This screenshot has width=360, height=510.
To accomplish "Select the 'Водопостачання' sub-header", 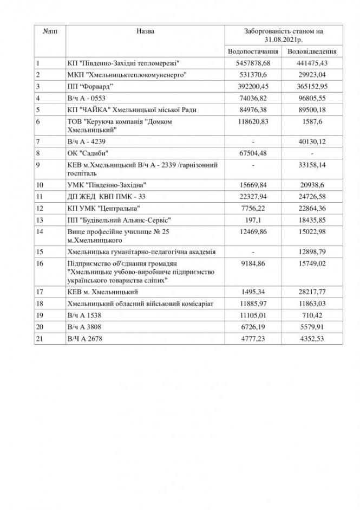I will [254, 51].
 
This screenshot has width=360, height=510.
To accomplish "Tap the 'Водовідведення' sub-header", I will [312, 51].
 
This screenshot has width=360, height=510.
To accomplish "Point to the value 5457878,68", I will [254, 63].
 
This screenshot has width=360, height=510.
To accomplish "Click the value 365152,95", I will [312, 87].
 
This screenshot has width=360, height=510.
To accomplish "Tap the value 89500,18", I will [312, 110].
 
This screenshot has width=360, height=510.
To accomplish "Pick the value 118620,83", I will [254, 121].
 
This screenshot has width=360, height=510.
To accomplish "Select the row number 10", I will [39, 185].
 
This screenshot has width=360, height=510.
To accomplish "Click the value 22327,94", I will [254, 196].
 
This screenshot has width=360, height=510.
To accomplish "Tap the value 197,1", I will [254, 220].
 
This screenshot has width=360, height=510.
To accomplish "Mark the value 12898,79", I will [312, 251].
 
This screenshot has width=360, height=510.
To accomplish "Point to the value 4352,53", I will [312, 339].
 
